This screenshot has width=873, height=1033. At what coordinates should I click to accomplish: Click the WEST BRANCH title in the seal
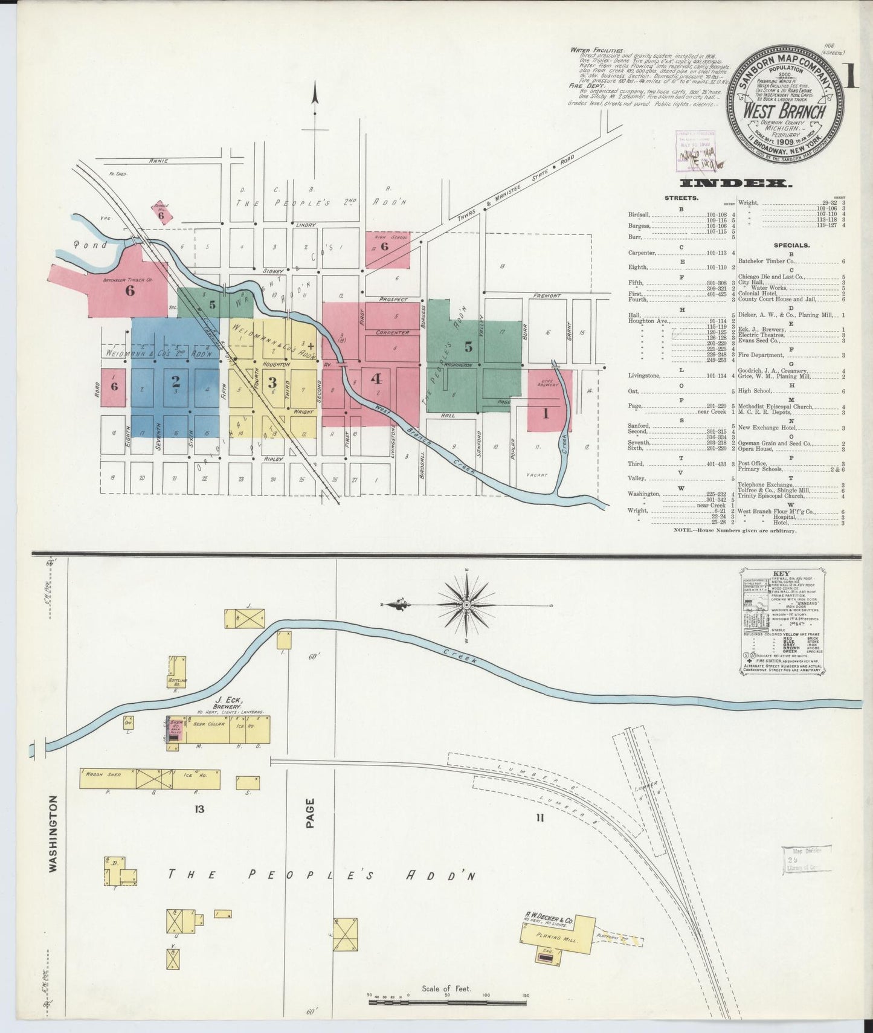tap(784, 111)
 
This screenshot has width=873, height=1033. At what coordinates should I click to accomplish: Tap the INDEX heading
tap(735, 183)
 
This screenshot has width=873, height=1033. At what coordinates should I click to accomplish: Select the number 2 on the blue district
tap(176, 381)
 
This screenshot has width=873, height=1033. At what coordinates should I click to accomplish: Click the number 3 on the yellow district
tap(272, 382)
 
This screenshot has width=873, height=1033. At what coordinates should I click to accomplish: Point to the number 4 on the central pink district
tap(376, 379)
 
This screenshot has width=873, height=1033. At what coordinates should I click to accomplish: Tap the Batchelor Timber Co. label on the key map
tap(127, 280)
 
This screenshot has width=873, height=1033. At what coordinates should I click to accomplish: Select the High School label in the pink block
tap(384, 237)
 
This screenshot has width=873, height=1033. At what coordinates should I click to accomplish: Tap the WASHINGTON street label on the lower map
tap(53, 833)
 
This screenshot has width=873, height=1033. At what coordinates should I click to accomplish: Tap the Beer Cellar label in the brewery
tap(205, 724)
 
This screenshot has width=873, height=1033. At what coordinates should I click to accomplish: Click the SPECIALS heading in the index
tap(791, 245)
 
